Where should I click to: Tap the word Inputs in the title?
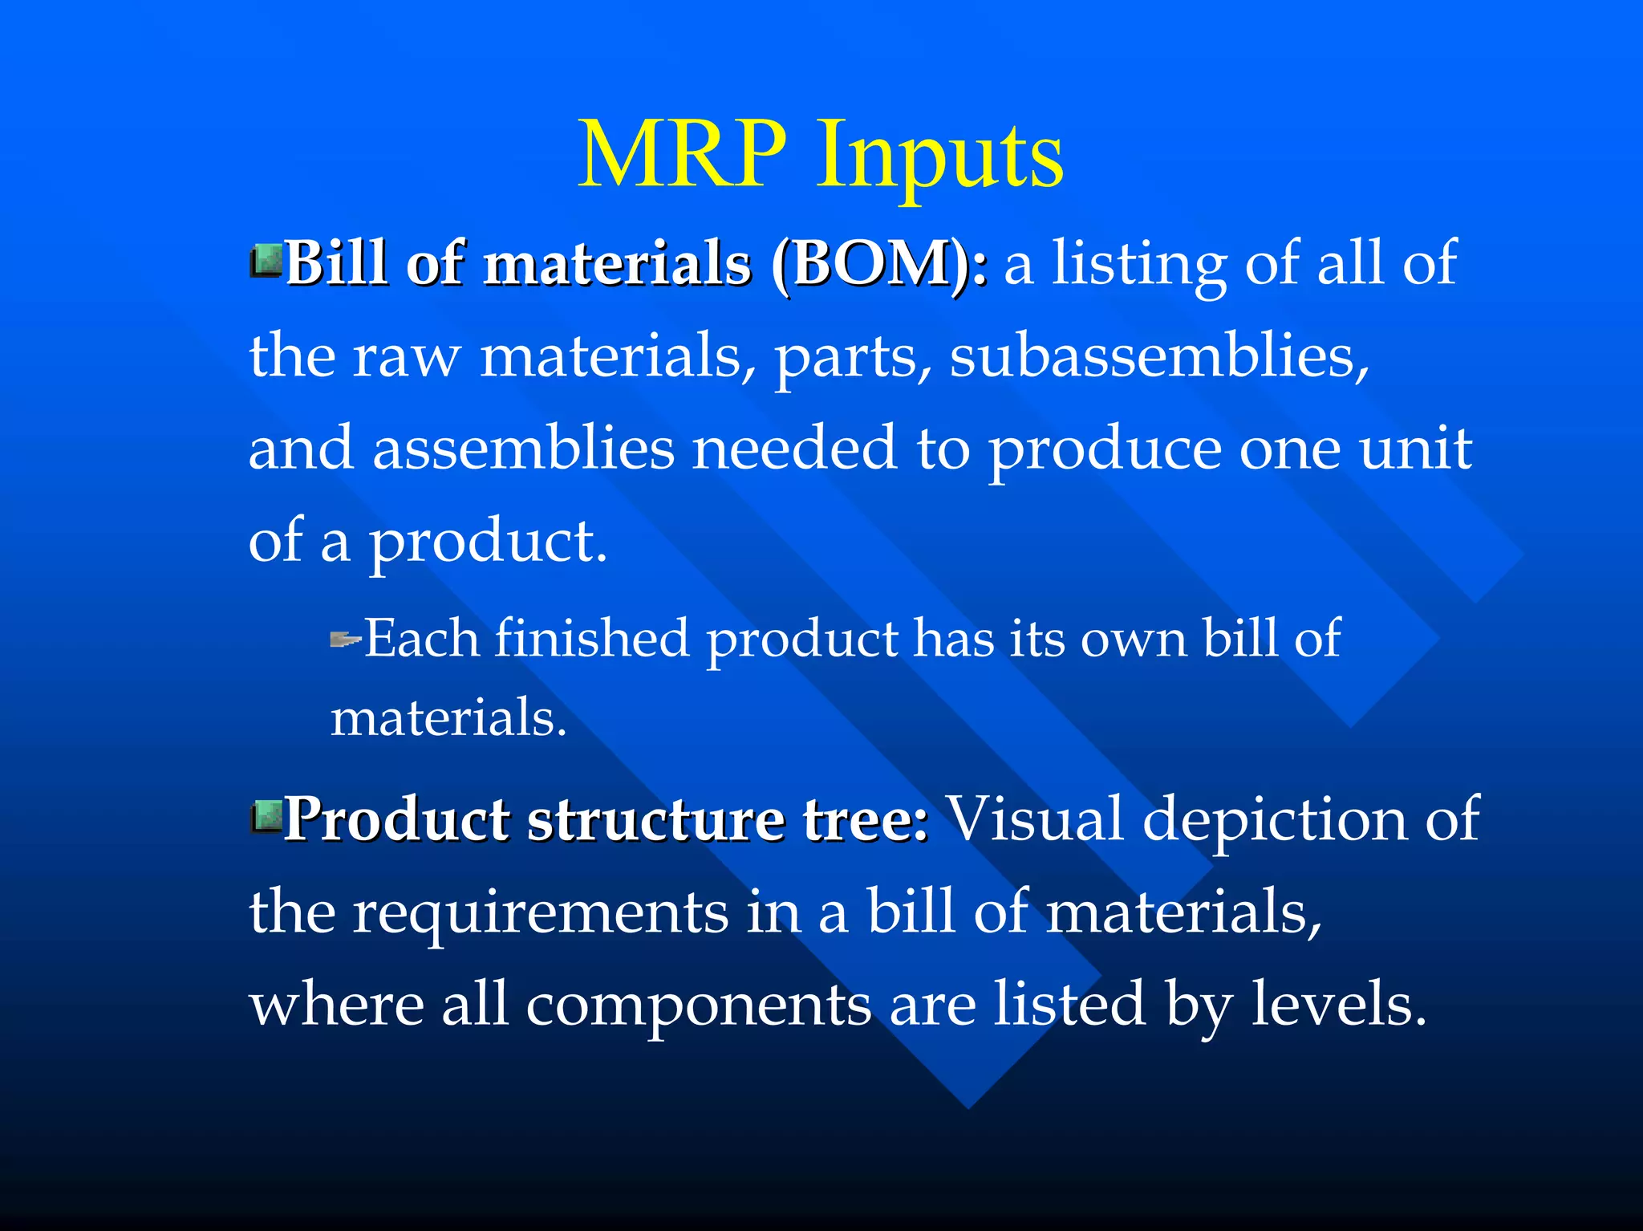pos(940,156)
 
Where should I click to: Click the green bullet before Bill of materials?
pos(266,262)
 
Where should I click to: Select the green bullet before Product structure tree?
pos(266,817)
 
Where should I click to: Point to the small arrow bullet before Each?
pos(346,640)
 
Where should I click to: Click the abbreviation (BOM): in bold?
pos(879,263)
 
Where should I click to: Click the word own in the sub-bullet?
pos(1133,640)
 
